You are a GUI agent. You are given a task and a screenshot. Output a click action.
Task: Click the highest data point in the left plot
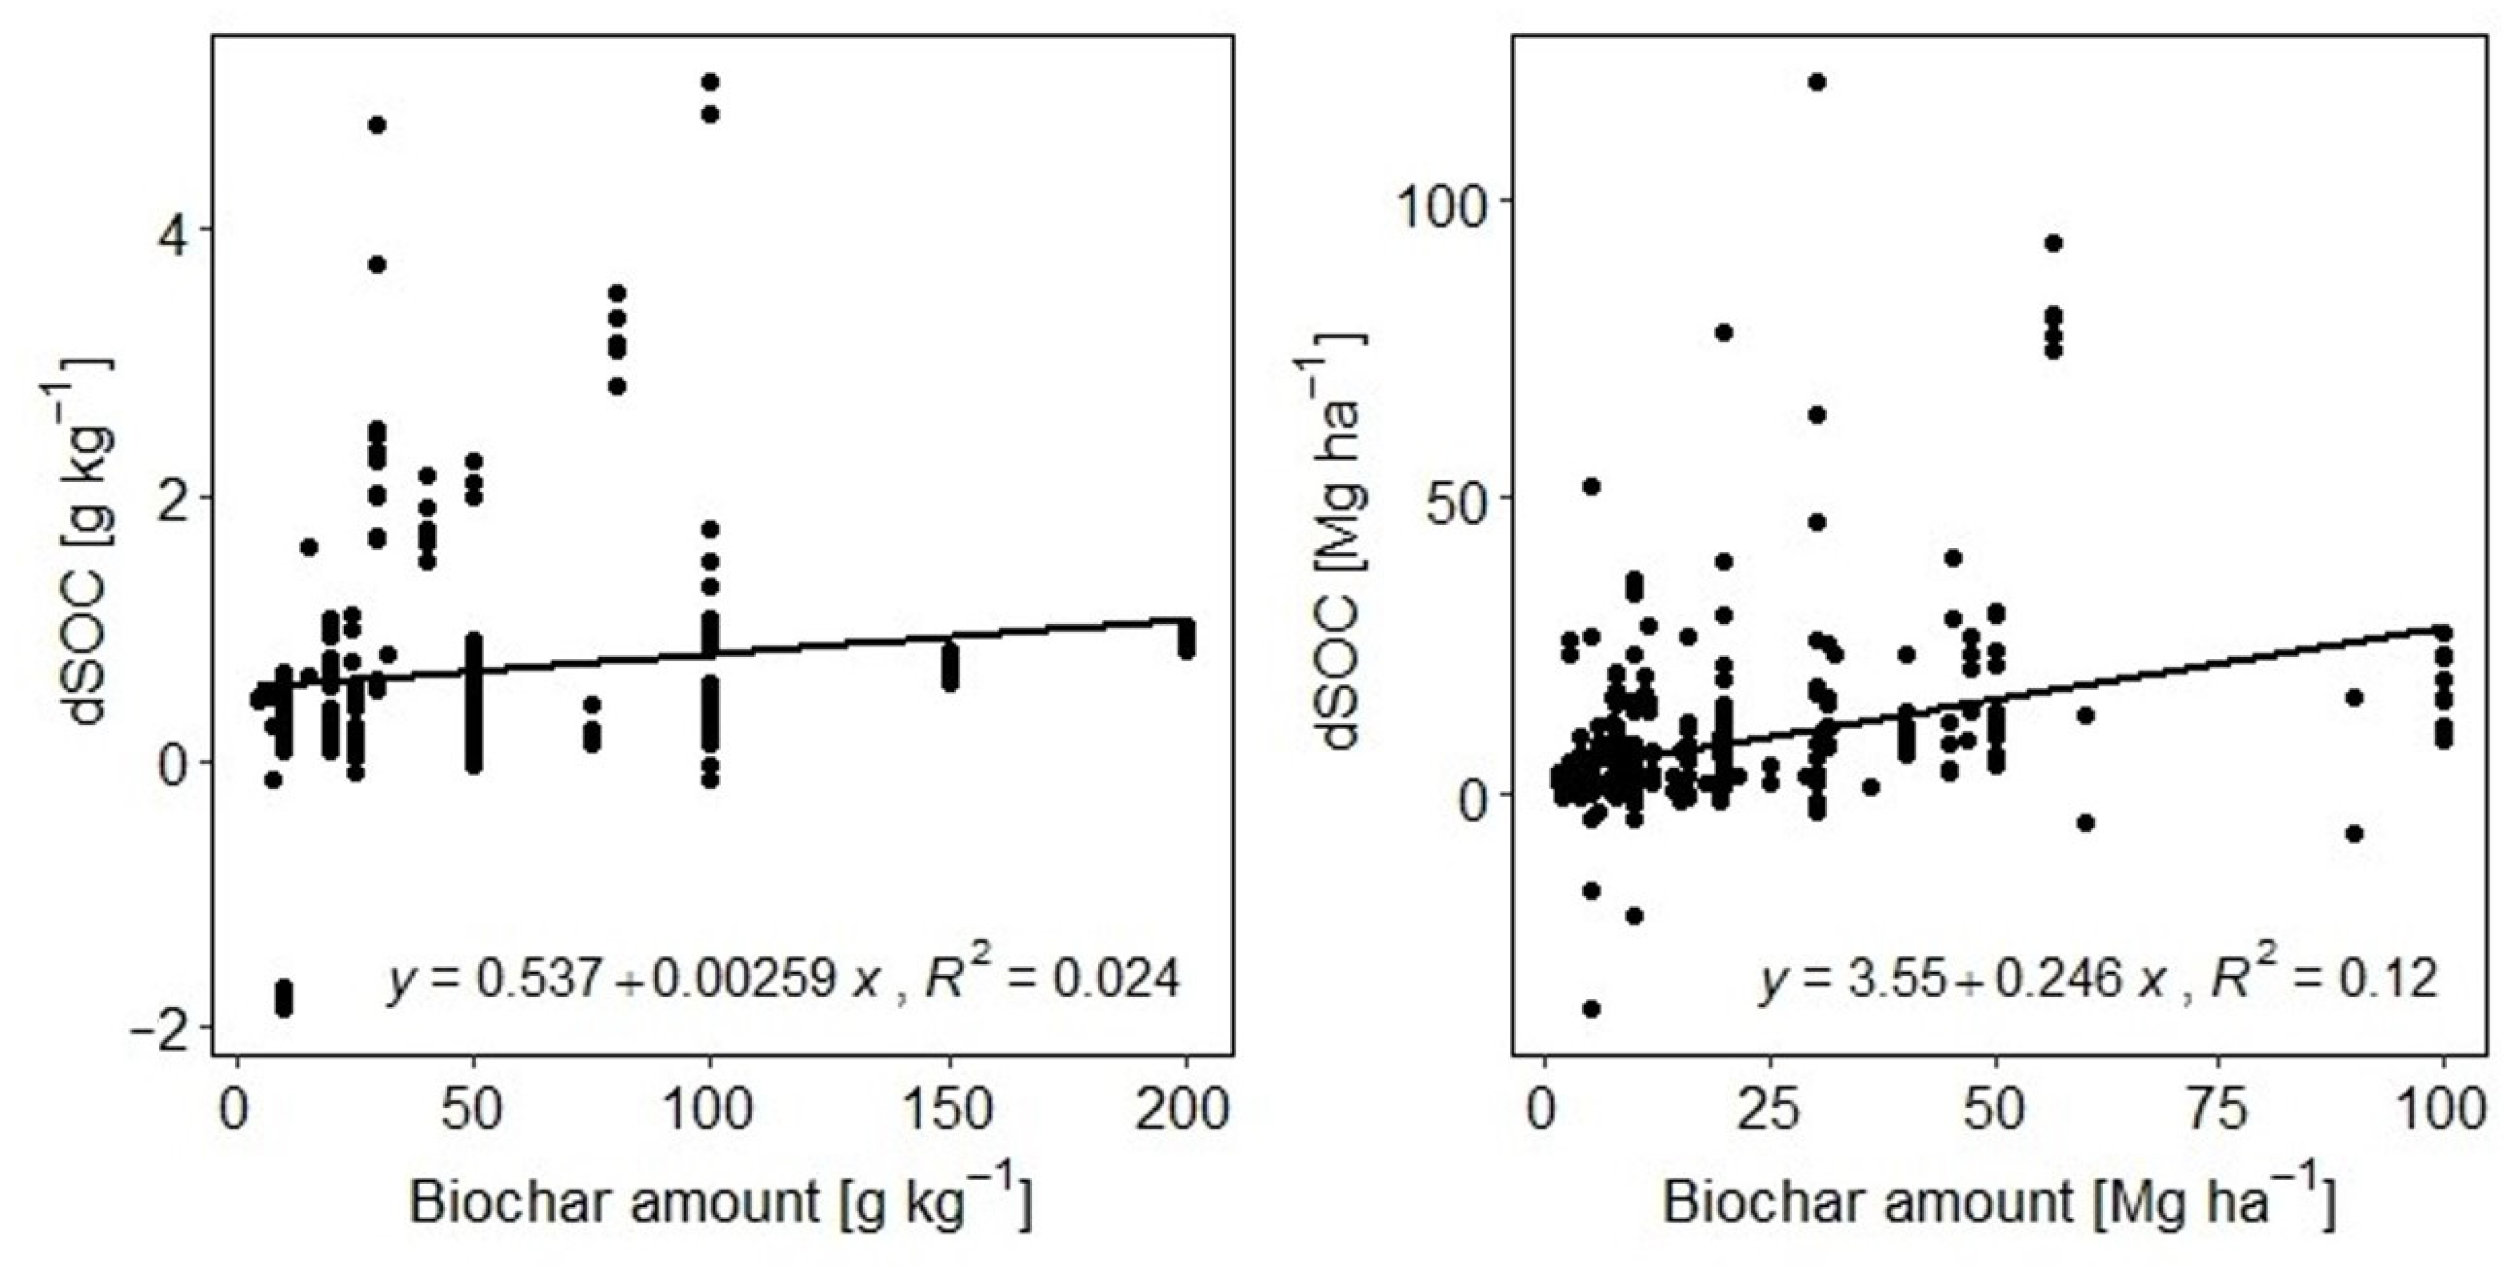[710, 81]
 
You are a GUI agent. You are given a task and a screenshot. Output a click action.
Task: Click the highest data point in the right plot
[1817, 82]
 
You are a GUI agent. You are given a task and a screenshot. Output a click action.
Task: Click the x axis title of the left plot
[720, 1203]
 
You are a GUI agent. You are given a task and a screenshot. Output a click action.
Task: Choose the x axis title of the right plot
[1998, 1203]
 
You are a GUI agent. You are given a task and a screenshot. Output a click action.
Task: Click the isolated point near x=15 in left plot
[308, 547]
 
